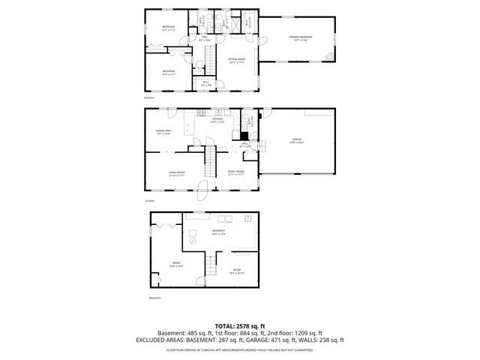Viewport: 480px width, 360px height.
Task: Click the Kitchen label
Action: [x=217, y=120]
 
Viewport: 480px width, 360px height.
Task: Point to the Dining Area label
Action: [x=163, y=132]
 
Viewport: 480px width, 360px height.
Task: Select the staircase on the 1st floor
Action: [x=213, y=159]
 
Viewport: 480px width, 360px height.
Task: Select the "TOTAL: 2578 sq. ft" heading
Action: [x=240, y=326]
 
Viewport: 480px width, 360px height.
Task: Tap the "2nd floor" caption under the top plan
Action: [x=150, y=97]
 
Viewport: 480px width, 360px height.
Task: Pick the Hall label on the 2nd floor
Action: [x=204, y=38]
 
